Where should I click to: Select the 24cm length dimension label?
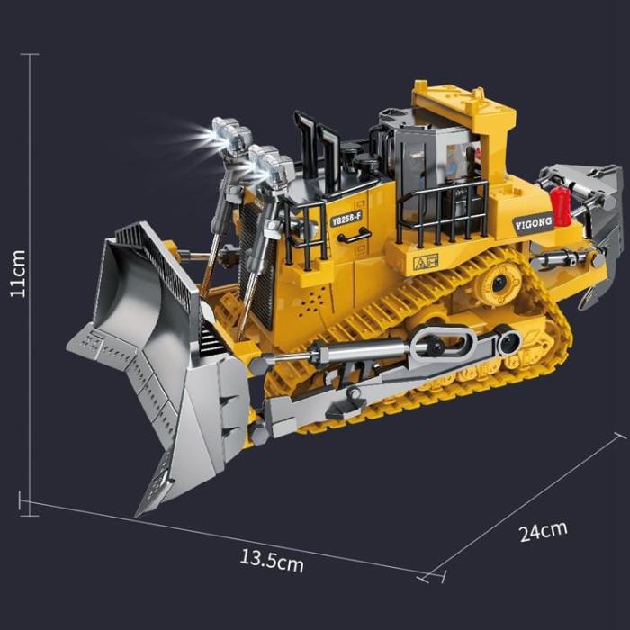pos(544,529)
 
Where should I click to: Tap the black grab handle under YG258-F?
pos(355,236)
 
